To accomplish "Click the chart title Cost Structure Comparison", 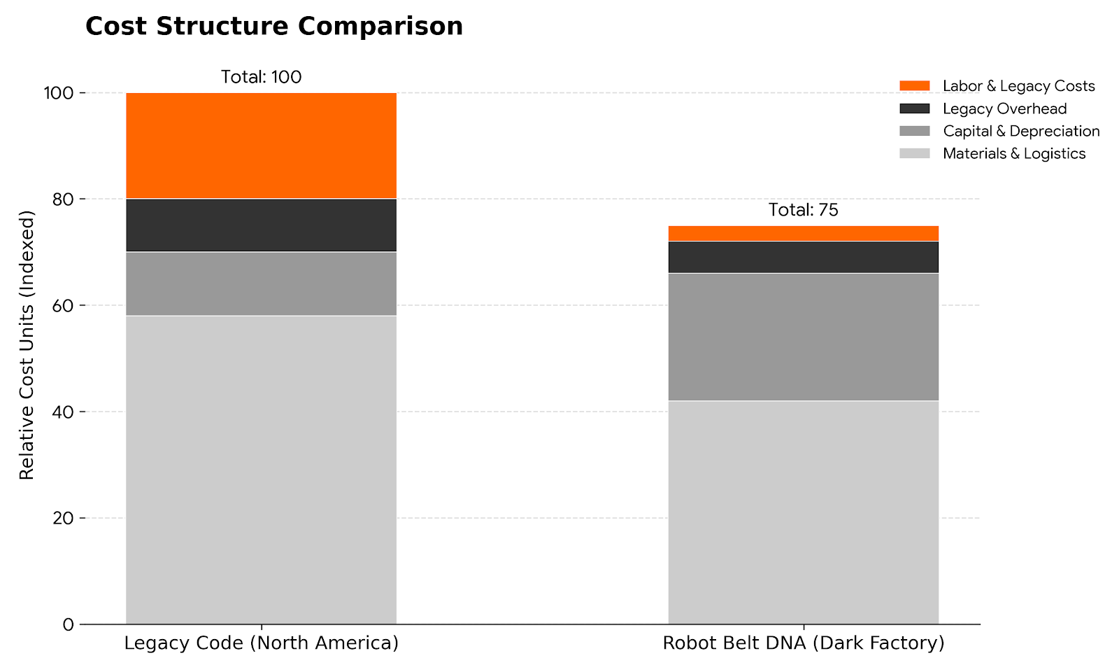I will [x=273, y=27].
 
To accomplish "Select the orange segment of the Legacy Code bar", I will [x=261, y=146].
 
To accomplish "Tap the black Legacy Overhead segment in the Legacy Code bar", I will [x=261, y=225].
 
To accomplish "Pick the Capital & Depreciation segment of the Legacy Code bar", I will [x=261, y=283].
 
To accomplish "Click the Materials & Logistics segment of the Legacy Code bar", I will [x=261, y=469].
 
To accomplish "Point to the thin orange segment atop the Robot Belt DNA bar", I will [x=803, y=233].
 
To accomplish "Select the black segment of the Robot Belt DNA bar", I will [x=803, y=257].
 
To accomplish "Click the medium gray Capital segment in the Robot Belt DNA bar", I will [x=803, y=337].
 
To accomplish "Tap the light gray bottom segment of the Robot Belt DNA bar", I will [x=803, y=512].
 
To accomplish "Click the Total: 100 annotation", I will [x=261, y=77].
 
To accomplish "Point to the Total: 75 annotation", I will [x=803, y=210].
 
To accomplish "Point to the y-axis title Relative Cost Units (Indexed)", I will [x=27, y=344].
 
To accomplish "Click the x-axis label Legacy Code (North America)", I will [x=261, y=643].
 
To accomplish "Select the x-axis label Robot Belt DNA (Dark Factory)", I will [x=803, y=643].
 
